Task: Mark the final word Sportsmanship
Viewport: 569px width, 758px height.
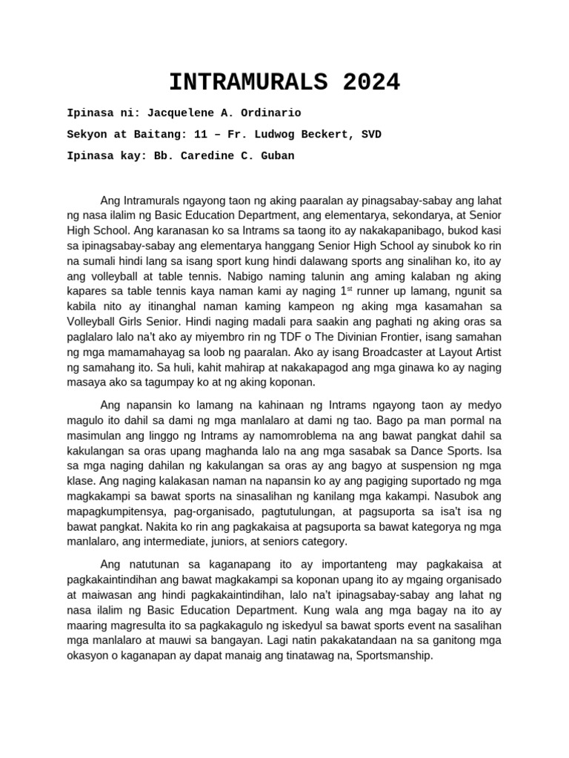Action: click(393, 656)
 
